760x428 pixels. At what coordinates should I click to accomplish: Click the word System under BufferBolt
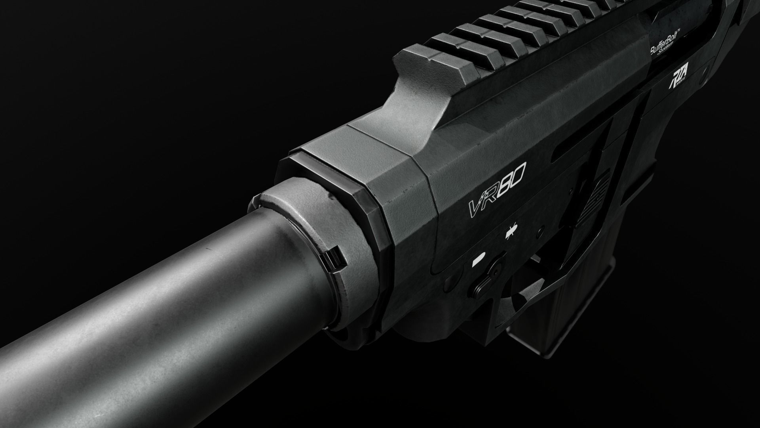(673, 56)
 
